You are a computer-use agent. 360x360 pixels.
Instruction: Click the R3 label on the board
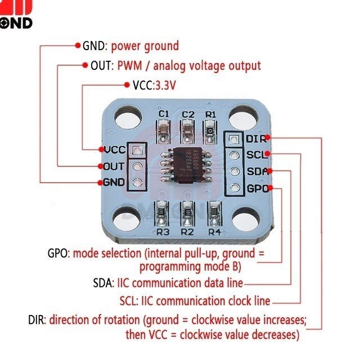pos(163,231)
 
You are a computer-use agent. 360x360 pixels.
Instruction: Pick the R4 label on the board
pos(213,231)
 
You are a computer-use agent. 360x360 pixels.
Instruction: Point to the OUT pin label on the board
pos(114,166)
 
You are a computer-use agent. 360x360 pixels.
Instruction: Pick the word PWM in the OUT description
pos(129,66)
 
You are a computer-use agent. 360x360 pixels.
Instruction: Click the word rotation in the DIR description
pos(122,321)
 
